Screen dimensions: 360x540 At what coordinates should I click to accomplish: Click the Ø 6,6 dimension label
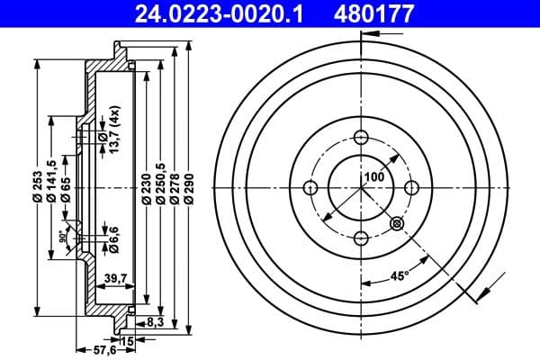[x=112, y=236]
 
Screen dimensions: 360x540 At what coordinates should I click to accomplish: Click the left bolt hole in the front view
[x=311, y=187]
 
